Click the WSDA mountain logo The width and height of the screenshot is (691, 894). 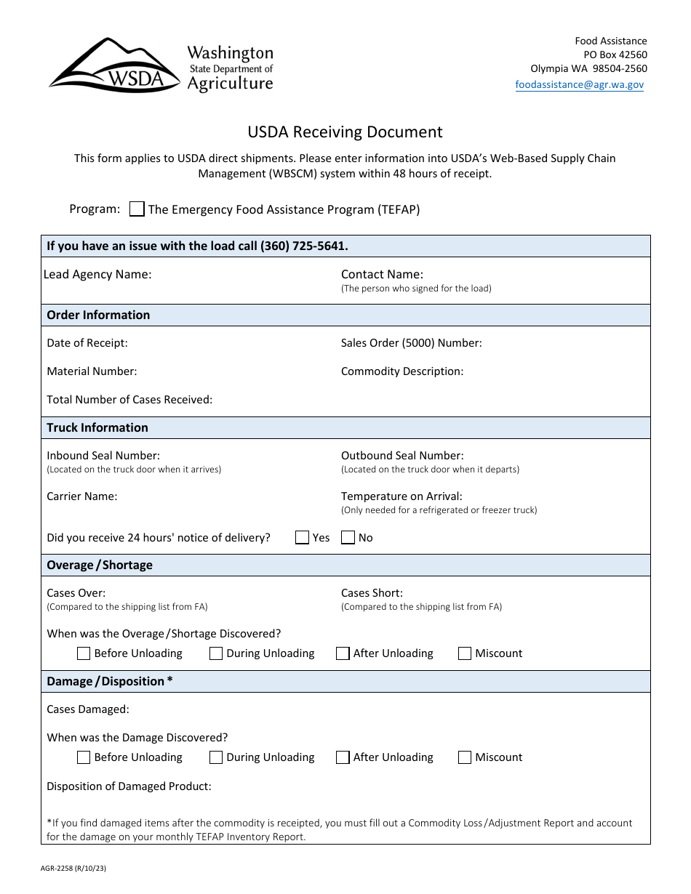(114, 66)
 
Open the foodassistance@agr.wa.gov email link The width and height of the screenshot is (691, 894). (579, 84)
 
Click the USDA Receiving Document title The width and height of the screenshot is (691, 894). (345, 132)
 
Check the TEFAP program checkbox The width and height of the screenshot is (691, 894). (137, 209)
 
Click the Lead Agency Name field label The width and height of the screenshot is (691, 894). (97, 274)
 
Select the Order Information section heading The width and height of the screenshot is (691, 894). (98, 315)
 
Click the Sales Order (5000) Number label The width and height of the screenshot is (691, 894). (411, 343)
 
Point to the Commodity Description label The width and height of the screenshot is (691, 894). (402, 371)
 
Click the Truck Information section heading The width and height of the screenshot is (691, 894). (97, 427)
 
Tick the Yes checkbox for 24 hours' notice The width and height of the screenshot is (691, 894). (303, 538)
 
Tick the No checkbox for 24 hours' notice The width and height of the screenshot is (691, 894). (348, 538)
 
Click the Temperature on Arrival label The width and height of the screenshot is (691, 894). (402, 496)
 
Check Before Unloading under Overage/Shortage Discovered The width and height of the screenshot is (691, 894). (84, 653)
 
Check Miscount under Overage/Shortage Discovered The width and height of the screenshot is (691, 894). (465, 653)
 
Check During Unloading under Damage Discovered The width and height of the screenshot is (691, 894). (216, 757)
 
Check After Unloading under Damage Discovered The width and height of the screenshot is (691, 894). (343, 757)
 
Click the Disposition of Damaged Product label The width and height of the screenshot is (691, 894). (129, 786)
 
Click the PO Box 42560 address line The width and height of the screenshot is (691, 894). (615, 55)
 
